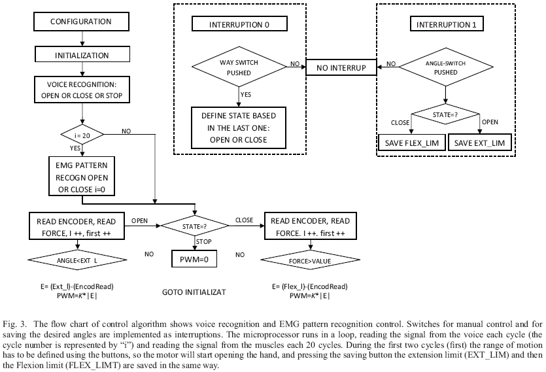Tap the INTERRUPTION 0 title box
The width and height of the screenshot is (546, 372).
click(x=239, y=25)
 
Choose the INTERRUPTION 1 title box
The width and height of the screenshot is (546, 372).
click(x=447, y=25)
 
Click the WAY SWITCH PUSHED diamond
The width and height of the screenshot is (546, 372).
click(x=239, y=66)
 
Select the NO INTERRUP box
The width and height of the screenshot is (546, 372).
click(x=342, y=67)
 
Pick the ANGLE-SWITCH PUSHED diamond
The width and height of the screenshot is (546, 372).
click(x=447, y=67)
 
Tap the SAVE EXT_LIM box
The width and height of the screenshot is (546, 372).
click(x=480, y=143)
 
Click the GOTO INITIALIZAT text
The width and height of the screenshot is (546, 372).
click(x=194, y=292)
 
